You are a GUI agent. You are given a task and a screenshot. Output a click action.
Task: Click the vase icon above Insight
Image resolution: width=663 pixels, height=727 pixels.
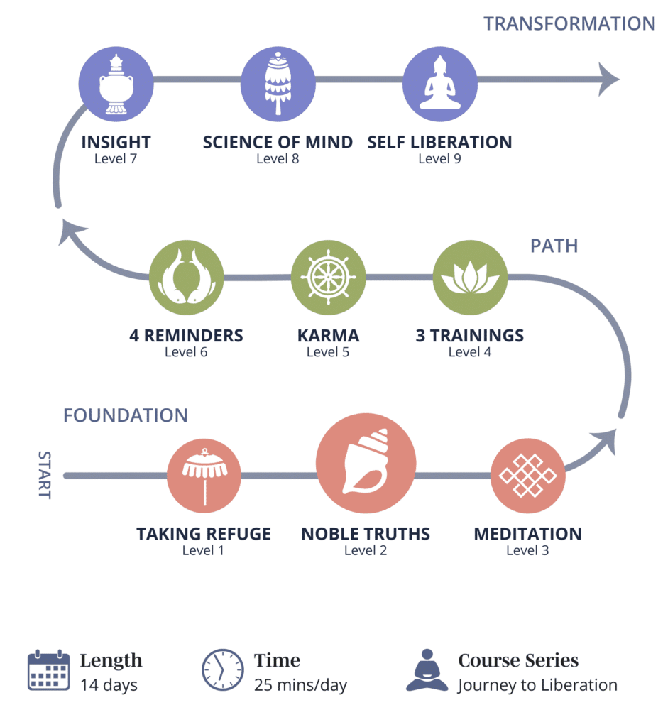116,84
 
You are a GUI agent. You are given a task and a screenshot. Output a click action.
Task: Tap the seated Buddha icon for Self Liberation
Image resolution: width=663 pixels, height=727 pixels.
439,84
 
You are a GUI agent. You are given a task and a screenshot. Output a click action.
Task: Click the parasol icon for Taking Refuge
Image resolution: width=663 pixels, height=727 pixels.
204,476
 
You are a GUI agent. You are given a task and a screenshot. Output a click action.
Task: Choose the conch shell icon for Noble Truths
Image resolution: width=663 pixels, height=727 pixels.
366,466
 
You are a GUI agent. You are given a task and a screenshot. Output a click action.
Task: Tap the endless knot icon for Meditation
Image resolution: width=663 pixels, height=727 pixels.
527,476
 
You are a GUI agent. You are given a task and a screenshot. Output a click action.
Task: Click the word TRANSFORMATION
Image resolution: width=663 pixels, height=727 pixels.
569,23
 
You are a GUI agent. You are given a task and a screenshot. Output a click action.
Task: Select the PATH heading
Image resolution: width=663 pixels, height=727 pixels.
554,246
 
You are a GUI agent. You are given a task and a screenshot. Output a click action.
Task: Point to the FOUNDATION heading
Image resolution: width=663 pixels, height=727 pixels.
126,415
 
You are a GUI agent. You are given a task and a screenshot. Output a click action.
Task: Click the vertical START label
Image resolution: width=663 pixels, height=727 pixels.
44,475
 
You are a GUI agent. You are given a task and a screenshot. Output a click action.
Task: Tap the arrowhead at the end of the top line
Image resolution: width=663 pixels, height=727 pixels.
609,78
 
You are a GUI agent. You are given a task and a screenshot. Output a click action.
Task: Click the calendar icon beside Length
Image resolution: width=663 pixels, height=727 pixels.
48,669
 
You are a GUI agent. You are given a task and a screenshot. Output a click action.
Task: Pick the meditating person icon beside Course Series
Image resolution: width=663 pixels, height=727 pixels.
427,669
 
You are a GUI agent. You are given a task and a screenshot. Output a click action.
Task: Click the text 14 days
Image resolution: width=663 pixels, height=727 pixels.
109,685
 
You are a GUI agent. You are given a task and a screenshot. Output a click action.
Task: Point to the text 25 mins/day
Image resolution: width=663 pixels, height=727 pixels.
300,685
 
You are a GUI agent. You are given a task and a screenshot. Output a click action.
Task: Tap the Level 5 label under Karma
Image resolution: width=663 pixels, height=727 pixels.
328,351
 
